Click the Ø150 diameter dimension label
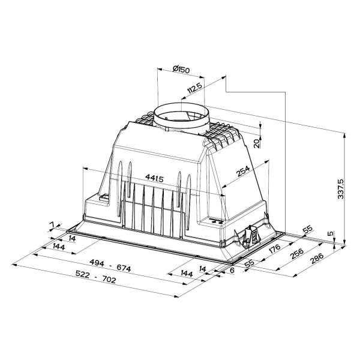[x=181, y=69]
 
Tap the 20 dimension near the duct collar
[x=257, y=143]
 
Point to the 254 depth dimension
[x=243, y=171]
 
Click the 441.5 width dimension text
[x=154, y=178]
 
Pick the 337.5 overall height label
[x=341, y=189]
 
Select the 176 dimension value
[x=274, y=248]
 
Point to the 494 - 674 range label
[x=110, y=266]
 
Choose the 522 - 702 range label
[x=96, y=277]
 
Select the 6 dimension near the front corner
[x=232, y=270]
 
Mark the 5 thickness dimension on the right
[x=331, y=234]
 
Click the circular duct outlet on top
[x=181, y=116]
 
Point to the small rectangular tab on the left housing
[x=104, y=197]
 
